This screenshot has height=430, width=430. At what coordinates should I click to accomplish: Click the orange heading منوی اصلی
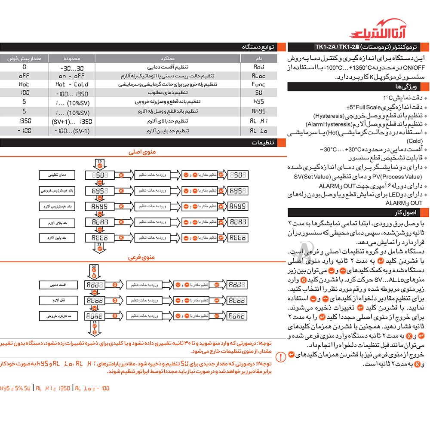[x=142, y=152]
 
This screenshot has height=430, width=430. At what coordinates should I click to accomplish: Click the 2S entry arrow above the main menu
[x=98, y=163]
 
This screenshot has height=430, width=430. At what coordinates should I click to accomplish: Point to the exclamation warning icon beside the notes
[x=280, y=356]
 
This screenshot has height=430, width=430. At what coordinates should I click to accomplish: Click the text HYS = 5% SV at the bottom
[x=15, y=388]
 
